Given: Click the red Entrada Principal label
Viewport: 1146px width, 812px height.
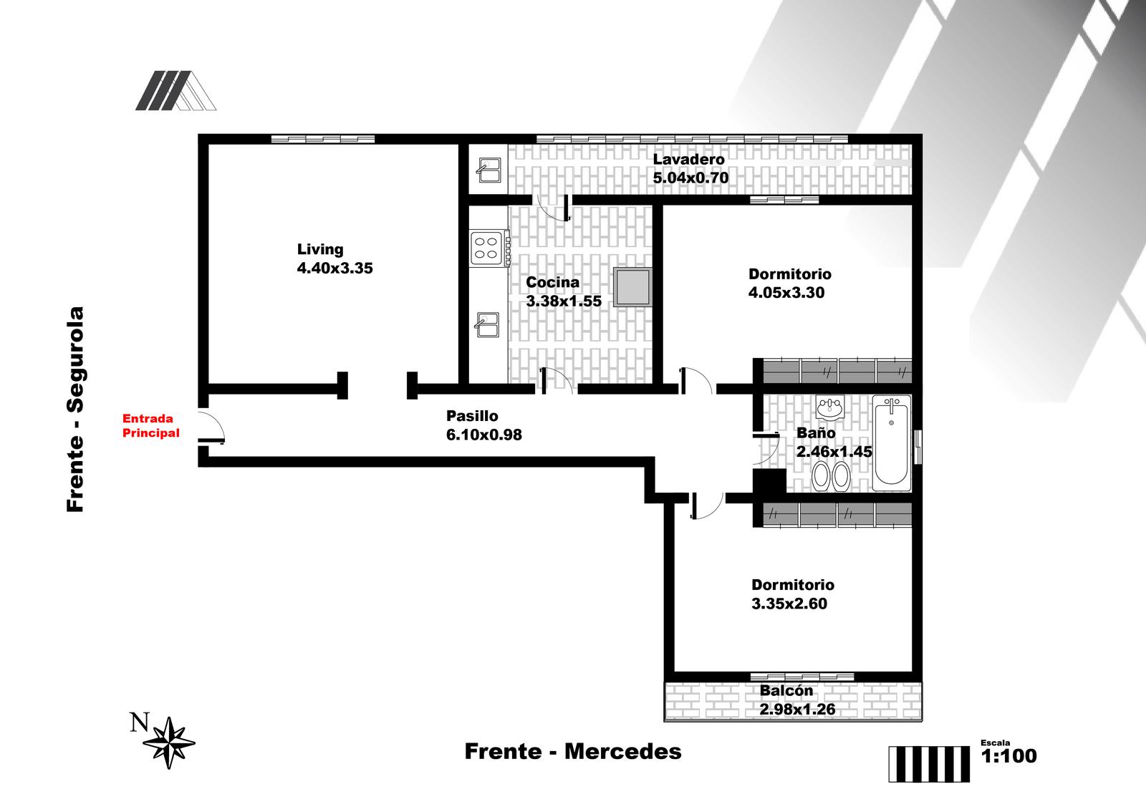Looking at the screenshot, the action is [x=151, y=426].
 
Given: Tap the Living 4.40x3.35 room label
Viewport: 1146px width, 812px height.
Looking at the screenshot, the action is [x=334, y=258].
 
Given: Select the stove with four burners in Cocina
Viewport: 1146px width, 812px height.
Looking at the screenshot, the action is [x=490, y=248].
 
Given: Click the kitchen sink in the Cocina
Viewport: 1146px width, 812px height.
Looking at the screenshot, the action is [x=487, y=324].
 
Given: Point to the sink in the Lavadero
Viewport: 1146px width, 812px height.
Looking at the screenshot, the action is [x=488, y=170].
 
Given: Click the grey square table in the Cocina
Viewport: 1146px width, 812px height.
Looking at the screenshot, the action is [x=633, y=287].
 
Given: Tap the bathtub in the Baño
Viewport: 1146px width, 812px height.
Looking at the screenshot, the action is [x=891, y=443].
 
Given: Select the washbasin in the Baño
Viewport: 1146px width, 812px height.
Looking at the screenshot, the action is [x=829, y=408].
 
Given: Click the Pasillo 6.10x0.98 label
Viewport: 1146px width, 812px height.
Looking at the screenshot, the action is [x=484, y=425].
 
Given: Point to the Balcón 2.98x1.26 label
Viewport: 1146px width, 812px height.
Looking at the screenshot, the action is [x=797, y=700].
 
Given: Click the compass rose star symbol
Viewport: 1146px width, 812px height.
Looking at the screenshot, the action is [x=169, y=743].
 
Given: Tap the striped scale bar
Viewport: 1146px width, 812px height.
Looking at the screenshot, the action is [x=929, y=764].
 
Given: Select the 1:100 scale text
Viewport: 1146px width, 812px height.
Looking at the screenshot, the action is [x=1009, y=755].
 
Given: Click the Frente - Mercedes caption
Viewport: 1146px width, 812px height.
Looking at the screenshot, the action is [x=573, y=752].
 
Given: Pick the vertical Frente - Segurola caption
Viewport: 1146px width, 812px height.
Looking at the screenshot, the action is [x=75, y=409].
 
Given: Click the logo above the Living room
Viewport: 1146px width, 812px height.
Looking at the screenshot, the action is [x=175, y=90].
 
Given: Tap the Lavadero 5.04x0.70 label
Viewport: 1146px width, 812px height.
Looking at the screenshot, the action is [x=690, y=168].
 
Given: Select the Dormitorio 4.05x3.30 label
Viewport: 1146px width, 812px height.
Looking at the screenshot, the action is [x=789, y=284].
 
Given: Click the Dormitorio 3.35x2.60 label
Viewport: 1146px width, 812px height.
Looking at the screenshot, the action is [x=792, y=594].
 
